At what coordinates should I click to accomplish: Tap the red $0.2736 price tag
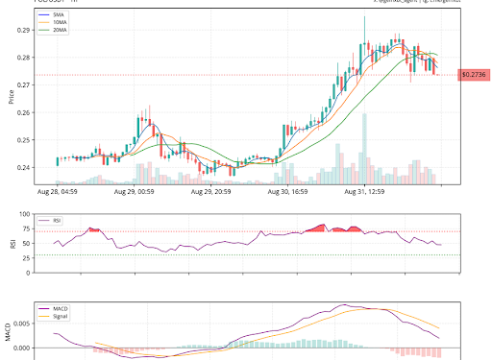pyautogui.click(x=474, y=75)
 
